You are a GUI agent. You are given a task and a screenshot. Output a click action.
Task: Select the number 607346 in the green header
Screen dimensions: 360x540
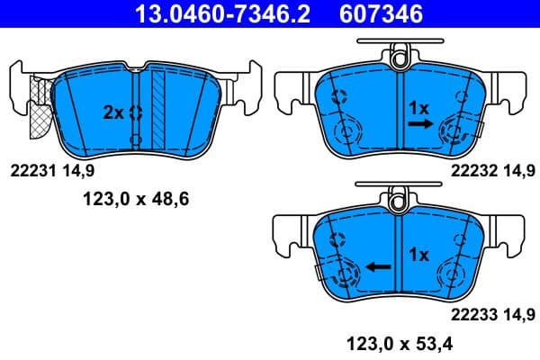[379, 14]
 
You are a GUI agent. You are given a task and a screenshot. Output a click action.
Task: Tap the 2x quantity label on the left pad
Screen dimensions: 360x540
[112, 112]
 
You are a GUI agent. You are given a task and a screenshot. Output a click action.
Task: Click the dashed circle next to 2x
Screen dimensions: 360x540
[136, 112]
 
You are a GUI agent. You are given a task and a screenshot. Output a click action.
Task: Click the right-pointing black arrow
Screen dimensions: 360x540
[418, 126]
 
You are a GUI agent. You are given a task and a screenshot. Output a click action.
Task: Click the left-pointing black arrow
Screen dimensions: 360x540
[379, 267]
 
